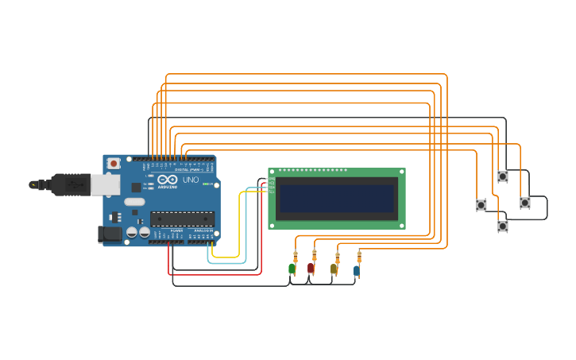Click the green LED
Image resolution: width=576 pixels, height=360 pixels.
[292, 269]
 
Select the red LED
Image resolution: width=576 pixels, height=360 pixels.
[311, 269]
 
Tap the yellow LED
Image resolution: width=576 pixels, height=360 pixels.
[334, 269]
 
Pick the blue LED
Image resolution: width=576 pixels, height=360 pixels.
[356, 271]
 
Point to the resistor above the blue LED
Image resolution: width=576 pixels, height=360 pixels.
[359, 257]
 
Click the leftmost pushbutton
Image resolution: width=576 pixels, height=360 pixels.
[481, 205]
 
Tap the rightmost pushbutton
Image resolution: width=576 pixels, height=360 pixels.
[525, 203]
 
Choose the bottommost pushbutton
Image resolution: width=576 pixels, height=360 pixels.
[503, 226]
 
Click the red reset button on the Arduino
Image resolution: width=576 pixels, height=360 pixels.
[114, 163]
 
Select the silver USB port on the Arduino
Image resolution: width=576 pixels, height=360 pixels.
[104, 184]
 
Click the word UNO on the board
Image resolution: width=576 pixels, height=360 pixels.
[191, 180]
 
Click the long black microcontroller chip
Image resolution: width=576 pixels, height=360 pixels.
[182, 219]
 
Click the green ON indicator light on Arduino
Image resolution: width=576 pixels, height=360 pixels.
[206, 184]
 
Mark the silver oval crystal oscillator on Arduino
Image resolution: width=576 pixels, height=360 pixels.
[134, 202]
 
